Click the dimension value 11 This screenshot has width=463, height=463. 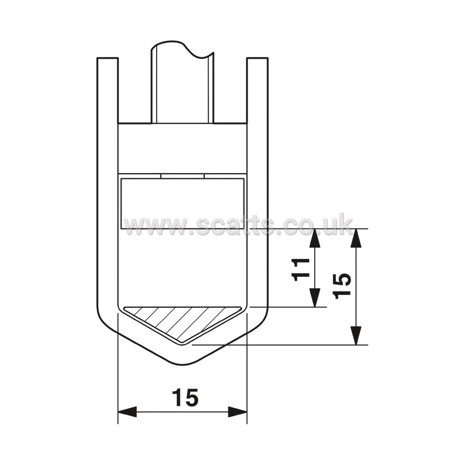coord(300,269)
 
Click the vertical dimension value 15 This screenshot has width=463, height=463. coord(341,286)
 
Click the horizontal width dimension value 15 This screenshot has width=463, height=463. coord(185,397)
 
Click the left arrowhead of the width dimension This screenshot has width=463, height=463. coord(127,412)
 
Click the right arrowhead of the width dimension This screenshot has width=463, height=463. coord(238,412)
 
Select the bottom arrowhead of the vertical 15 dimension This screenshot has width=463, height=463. coord(357,335)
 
